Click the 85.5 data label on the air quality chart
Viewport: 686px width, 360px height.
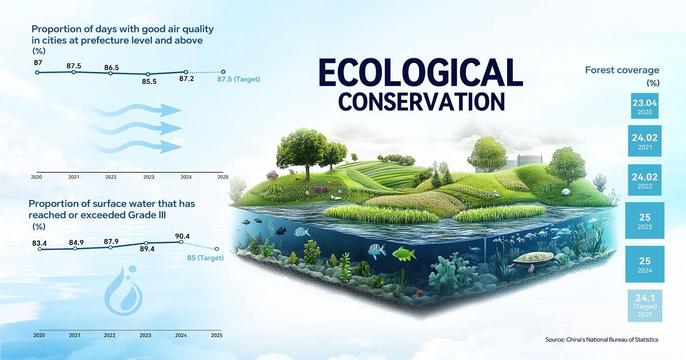(149, 81)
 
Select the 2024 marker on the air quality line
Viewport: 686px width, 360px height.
(186, 72)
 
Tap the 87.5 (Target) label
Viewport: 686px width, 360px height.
(238, 79)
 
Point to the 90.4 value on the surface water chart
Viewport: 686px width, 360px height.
(182, 236)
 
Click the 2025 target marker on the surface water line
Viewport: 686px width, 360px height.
(217, 249)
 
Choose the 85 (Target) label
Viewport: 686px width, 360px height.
(205, 258)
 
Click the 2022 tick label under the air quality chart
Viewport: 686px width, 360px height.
(111, 177)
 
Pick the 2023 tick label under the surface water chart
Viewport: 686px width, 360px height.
(145, 335)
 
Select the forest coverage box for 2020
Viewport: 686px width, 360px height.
(645, 106)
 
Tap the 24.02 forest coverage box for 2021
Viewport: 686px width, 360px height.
(645, 141)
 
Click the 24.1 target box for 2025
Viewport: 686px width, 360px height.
(645, 306)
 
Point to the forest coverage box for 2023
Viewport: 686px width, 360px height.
(645, 221)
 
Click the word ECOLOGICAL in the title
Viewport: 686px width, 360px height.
(421, 73)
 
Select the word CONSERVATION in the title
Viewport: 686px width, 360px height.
(421, 102)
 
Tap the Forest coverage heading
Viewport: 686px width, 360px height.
(622, 70)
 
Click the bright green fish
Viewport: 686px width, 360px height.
(404, 254)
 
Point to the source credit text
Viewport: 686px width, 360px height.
(602, 339)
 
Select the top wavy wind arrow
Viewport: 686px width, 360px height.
(134, 110)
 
